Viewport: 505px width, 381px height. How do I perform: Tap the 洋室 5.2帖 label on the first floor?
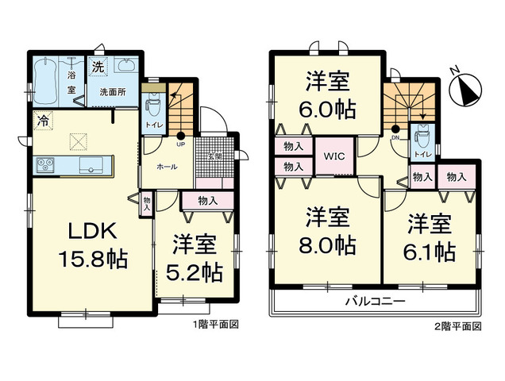[193, 258]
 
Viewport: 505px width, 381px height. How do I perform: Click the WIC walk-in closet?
[333, 156]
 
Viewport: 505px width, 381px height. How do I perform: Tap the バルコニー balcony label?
[375, 302]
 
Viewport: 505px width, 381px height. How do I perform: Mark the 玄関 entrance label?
[215, 156]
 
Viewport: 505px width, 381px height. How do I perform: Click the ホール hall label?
[167, 167]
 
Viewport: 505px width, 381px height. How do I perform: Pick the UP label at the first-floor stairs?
[181, 145]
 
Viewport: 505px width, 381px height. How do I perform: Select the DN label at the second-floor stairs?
[396, 137]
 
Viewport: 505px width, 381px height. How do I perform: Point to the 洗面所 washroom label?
[112, 92]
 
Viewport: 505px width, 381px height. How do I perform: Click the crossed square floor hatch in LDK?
[79, 141]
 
